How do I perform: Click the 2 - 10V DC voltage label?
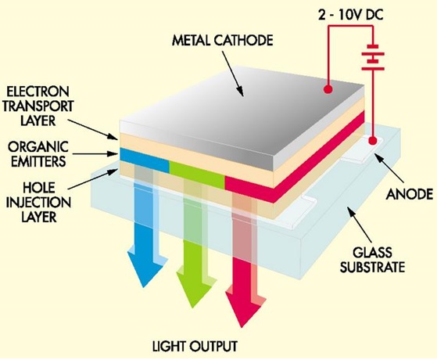[350, 15]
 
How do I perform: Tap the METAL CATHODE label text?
[222, 41]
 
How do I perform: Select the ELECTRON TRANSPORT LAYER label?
[38, 106]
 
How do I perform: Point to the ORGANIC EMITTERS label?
[38, 153]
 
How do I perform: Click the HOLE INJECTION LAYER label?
[38, 203]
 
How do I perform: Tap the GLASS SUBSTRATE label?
[372, 260]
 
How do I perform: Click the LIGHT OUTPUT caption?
[195, 347]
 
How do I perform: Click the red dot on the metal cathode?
[328, 89]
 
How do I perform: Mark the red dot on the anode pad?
[373, 140]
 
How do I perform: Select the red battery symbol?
[373, 57]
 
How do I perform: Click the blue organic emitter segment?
[145, 160]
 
